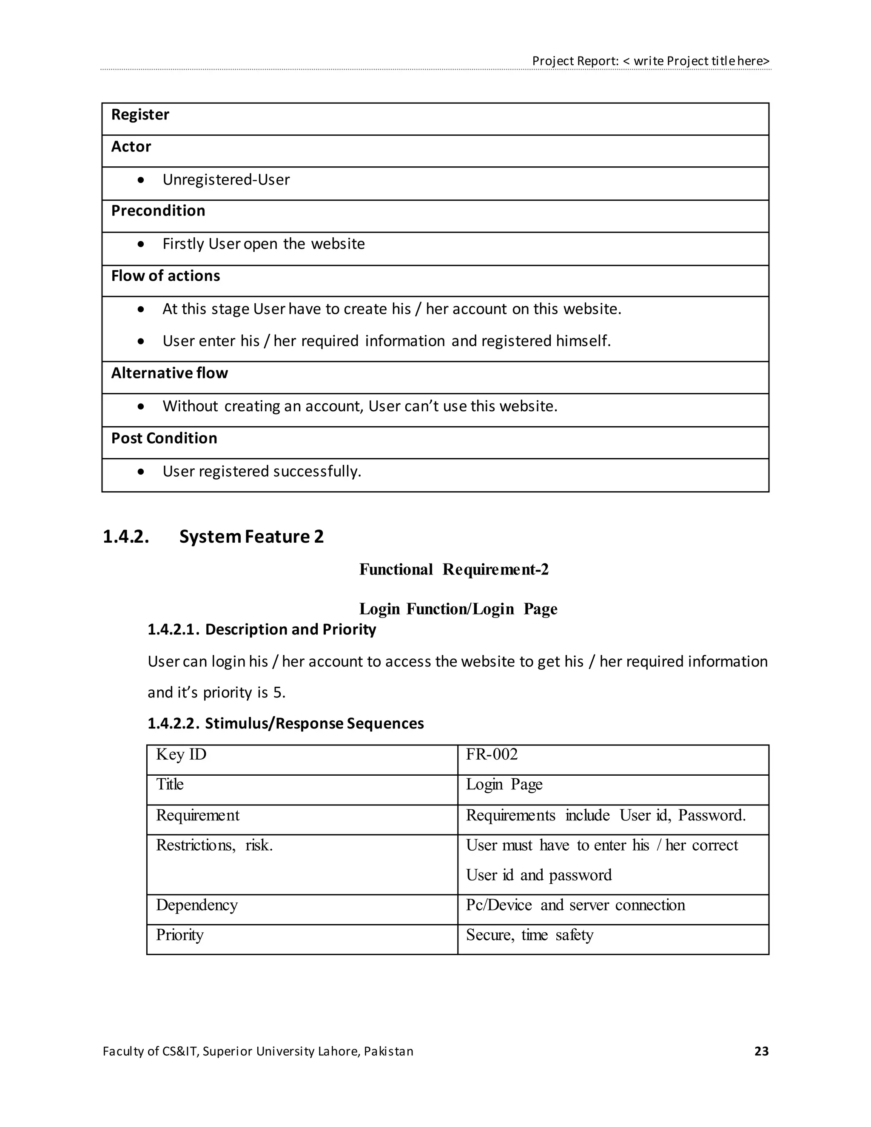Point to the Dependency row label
pyautogui.click(x=196, y=905)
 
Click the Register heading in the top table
pyautogui.click(x=140, y=114)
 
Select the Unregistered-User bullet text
pyautogui.click(x=226, y=179)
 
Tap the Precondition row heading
pyautogui.click(x=158, y=211)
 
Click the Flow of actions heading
pyautogui.click(x=165, y=276)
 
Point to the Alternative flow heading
pyautogui.click(x=169, y=373)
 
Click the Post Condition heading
pyautogui.click(x=164, y=438)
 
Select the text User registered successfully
pyautogui.click(x=262, y=471)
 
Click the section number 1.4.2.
pyautogui.click(x=126, y=537)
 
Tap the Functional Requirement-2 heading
pyautogui.click(x=453, y=570)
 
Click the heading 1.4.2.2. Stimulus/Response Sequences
pyautogui.click(x=285, y=723)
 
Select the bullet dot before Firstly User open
pyautogui.click(x=141, y=244)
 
